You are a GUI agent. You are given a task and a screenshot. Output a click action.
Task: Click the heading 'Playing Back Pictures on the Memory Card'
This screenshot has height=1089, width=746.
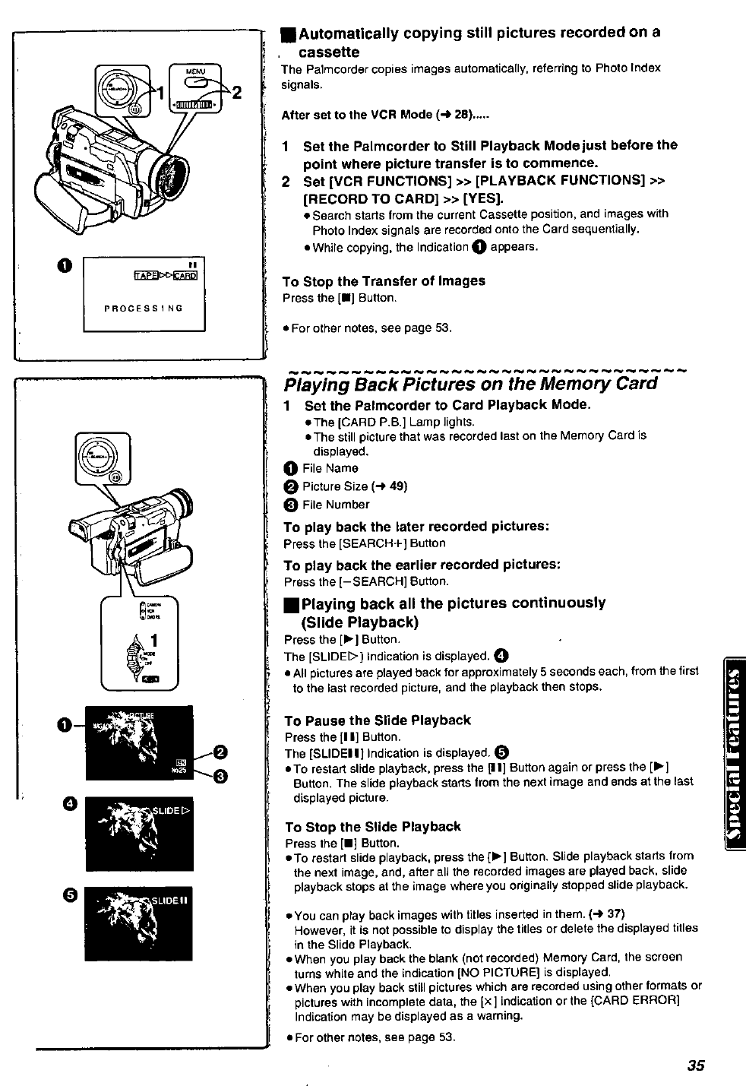coord(470,383)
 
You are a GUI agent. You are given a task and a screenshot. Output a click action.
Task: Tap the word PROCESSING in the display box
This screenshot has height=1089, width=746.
coord(144,309)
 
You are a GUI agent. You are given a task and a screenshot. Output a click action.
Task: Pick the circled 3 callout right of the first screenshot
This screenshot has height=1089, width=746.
coord(221,775)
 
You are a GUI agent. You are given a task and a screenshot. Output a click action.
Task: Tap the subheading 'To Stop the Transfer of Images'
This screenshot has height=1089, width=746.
coord(384,281)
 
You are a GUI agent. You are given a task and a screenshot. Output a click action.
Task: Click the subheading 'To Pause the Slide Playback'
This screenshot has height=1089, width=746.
coord(378,720)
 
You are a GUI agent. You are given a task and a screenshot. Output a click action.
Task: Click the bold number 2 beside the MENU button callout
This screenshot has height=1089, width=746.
coord(236,93)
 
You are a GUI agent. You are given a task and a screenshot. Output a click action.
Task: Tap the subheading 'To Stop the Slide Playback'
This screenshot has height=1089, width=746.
coord(372,827)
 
